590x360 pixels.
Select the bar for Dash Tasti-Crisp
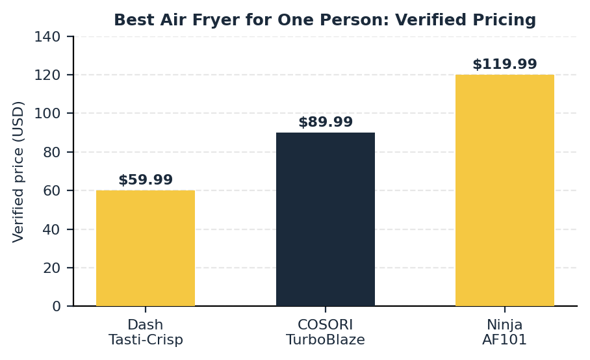[x=146, y=248]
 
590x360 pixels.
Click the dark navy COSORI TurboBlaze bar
[x=326, y=219]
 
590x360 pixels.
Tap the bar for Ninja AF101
[x=505, y=190]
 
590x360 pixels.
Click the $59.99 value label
[x=146, y=180]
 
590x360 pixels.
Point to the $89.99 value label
[x=326, y=122]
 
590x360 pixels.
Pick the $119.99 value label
[x=505, y=64]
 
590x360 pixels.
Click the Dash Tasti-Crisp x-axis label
[x=146, y=332]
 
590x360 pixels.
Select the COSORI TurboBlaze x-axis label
[x=326, y=332]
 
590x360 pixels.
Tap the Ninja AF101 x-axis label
[x=505, y=332]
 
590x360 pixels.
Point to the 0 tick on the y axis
[x=57, y=306]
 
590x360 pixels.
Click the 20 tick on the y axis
[x=52, y=268]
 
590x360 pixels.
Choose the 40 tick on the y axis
[x=52, y=229]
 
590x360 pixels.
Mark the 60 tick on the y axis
[x=52, y=190]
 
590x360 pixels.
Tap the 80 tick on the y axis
[x=52, y=152]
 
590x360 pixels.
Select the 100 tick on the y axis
[x=47, y=113]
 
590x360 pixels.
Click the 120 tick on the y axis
[x=47, y=75]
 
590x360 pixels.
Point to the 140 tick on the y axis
[x=47, y=36]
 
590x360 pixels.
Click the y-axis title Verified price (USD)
[x=18, y=172]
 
